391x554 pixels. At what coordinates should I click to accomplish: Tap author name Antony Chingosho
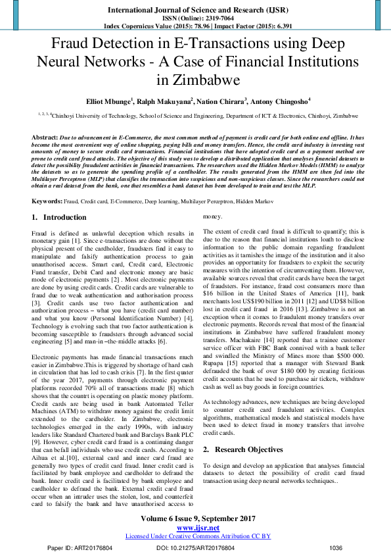click(x=281, y=102)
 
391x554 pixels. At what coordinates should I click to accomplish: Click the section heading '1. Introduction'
click(x=58, y=216)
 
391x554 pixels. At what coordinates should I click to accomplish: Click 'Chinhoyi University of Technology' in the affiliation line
click(x=97, y=114)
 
